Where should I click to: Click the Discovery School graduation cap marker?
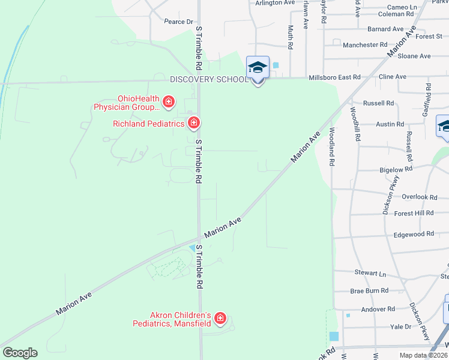258,68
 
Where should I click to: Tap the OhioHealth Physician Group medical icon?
169,101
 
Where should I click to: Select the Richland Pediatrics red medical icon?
193,124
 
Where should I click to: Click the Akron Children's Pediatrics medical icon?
220,318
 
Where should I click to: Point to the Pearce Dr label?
178,22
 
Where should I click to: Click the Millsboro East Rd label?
334,77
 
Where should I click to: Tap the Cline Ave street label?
393,77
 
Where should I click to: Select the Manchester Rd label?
365,45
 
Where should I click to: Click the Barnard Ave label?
385,29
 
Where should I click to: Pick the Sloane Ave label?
414,56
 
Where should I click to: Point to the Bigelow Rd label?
396,170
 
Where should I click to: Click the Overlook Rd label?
417,197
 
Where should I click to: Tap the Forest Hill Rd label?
414,213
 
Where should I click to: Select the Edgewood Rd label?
413,234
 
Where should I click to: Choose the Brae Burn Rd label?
369,290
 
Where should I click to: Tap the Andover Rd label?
378,309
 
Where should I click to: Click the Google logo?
20,353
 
